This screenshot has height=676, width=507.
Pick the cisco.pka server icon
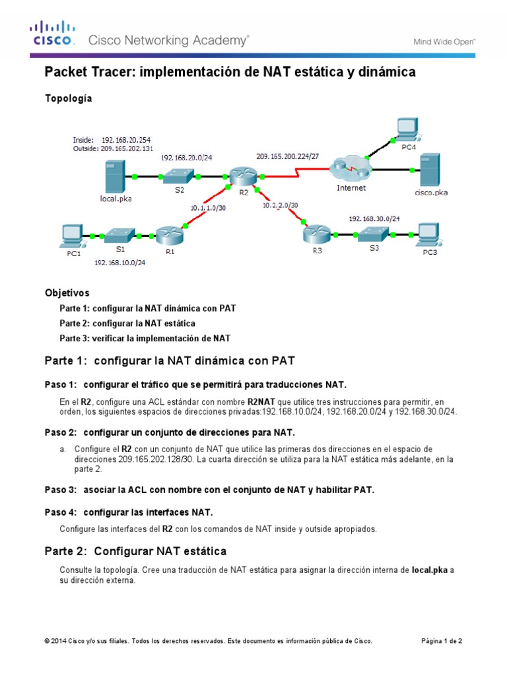click(430, 170)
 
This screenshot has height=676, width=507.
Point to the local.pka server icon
click(113, 177)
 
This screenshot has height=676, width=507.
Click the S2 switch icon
click(179, 176)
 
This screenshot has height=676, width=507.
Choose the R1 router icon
click(168, 234)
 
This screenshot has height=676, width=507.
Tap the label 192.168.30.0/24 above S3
click(374, 218)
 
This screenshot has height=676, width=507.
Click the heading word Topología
click(68, 98)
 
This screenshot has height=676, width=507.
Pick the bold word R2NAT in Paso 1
click(260, 401)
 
